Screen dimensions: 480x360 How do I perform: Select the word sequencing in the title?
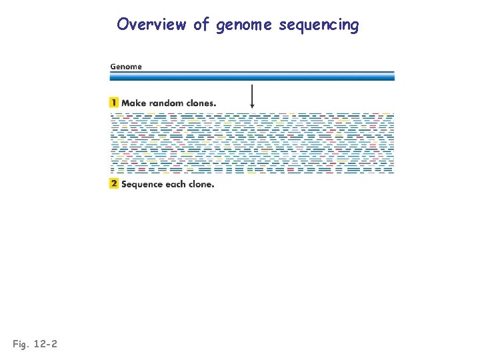319,26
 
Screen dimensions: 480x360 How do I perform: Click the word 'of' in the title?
201,25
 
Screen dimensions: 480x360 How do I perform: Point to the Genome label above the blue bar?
126,67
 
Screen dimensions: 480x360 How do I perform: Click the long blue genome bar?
252,76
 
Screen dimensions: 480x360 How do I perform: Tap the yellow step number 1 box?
115,103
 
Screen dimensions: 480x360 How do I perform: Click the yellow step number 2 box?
115,184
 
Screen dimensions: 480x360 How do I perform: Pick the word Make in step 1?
134,103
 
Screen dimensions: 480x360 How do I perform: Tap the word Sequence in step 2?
143,184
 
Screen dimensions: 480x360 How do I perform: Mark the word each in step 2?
177,184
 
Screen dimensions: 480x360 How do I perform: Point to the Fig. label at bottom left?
21,344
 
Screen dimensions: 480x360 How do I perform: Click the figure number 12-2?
45,344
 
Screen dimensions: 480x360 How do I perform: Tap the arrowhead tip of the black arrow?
252,107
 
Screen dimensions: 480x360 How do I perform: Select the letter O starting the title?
123,25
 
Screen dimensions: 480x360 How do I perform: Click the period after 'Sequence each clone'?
213,187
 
